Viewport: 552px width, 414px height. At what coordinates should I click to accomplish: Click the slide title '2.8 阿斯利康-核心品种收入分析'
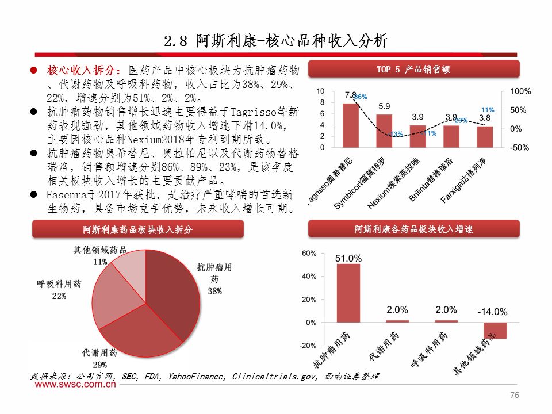click(276, 41)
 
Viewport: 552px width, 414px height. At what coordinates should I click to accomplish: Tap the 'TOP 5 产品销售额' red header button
click(413, 69)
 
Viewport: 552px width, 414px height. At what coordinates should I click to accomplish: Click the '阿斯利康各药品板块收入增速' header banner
click(413, 229)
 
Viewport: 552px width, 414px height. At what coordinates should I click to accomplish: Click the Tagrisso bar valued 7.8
click(351, 125)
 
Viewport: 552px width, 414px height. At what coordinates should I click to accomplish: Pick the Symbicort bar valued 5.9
click(384, 131)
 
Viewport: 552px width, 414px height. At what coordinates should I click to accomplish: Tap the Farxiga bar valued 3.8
click(485, 137)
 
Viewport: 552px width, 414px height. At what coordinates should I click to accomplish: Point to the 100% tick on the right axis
click(520, 91)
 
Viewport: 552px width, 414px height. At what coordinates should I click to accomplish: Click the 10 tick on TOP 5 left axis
click(320, 91)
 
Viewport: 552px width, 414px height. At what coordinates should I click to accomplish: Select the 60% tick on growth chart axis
click(309, 253)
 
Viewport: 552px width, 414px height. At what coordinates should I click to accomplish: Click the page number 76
click(515, 395)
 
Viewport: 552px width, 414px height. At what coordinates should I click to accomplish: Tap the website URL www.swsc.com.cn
click(74, 386)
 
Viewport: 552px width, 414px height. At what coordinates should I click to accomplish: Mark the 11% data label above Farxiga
click(487, 109)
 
